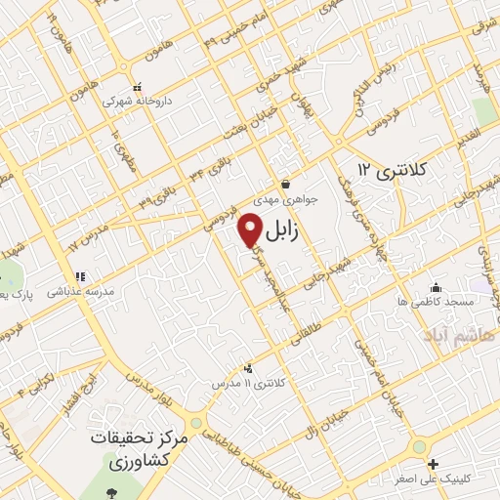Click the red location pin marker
250,231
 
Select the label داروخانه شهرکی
139,99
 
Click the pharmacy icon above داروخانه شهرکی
139,85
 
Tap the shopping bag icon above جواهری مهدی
284,184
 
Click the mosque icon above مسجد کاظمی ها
437,288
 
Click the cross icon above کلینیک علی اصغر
433,464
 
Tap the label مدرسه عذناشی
84,291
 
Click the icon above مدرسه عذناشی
79,276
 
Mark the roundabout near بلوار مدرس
197,423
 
